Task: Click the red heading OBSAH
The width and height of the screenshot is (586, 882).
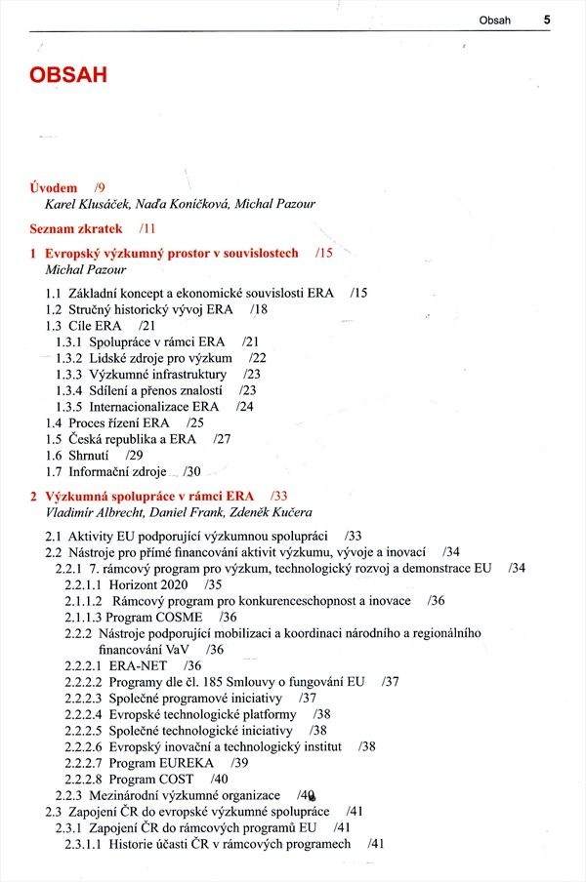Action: point(67,76)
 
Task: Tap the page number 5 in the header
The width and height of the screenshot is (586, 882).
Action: point(547,19)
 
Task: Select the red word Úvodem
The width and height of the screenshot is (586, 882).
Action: point(54,187)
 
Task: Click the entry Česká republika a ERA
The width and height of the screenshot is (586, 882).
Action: point(132,439)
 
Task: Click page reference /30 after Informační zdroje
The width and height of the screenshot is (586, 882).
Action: point(192,471)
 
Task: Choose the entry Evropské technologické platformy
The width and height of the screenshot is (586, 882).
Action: point(202,714)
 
